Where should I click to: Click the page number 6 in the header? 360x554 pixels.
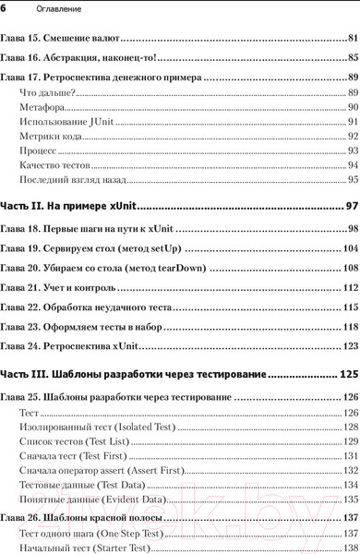(4, 7)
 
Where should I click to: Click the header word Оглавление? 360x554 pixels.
(42, 8)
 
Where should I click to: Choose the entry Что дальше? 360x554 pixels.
(47, 96)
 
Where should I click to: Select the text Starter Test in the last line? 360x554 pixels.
(120, 548)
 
